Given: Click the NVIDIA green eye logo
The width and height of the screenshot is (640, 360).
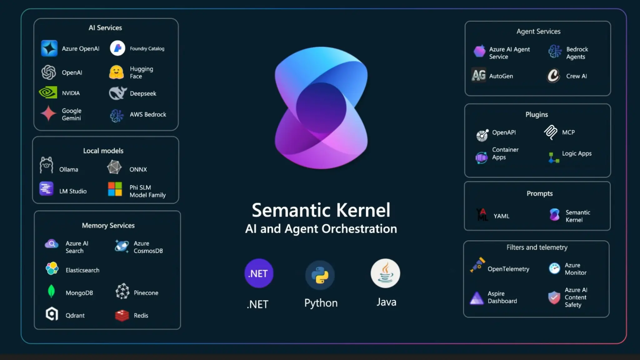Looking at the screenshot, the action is pyautogui.click(x=48, y=92).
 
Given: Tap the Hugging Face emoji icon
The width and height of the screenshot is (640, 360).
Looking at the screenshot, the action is pyautogui.click(x=116, y=72).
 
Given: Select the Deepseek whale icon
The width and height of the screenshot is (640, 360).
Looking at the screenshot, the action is pyautogui.click(x=117, y=93).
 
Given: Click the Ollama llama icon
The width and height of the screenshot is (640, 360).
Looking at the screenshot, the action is pyautogui.click(x=47, y=165).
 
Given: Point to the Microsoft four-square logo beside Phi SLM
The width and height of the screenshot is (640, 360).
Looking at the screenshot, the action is pyautogui.click(x=115, y=189).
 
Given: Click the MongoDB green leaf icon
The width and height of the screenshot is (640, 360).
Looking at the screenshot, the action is pyautogui.click(x=51, y=291).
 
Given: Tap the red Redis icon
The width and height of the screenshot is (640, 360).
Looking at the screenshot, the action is pyautogui.click(x=122, y=315).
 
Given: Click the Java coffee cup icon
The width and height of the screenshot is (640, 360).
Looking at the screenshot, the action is pyautogui.click(x=385, y=273).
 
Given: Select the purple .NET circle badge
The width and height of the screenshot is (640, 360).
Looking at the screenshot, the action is pyautogui.click(x=259, y=273).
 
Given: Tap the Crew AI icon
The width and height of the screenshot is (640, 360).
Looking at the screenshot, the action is pyautogui.click(x=553, y=76).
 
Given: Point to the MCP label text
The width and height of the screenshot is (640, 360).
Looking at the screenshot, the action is pyautogui.click(x=568, y=132).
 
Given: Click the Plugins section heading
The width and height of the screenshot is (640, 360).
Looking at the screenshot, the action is pyautogui.click(x=537, y=114).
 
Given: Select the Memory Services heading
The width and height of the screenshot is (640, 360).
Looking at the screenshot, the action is pyautogui.click(x=108, y=225).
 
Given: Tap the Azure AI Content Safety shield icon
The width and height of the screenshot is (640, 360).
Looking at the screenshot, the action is pyautogui.click(x=554, y=297).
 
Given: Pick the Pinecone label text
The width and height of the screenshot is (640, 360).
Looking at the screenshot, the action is pyautogui.click(x=146, y=293).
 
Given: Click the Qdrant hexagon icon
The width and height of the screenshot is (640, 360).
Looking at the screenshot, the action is pyautogui.click(x=52, y=314).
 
